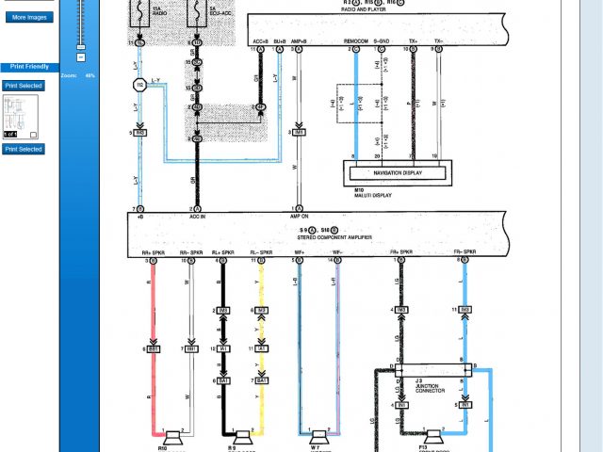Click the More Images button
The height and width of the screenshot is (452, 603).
30,17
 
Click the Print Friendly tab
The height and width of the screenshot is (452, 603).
29,67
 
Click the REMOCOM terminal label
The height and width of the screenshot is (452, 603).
355,41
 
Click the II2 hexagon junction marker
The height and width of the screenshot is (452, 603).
139,84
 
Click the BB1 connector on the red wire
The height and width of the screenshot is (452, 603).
153,348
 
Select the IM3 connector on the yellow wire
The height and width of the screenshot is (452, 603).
261,310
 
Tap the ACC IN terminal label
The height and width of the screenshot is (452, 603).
197,216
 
